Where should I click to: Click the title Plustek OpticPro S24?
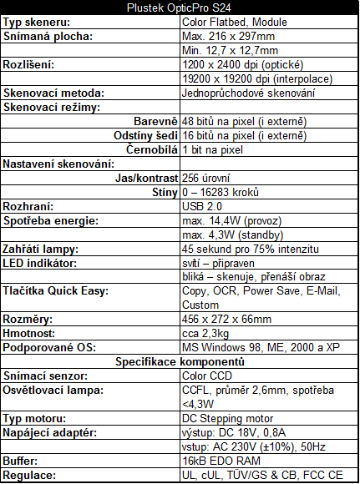tap(180, 8)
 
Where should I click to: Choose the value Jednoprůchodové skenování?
tap(248, 93)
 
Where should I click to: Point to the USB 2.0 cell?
tap(202, 206)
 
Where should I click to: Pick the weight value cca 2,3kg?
tap(205, 334)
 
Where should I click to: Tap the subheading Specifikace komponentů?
tap(180, 362)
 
